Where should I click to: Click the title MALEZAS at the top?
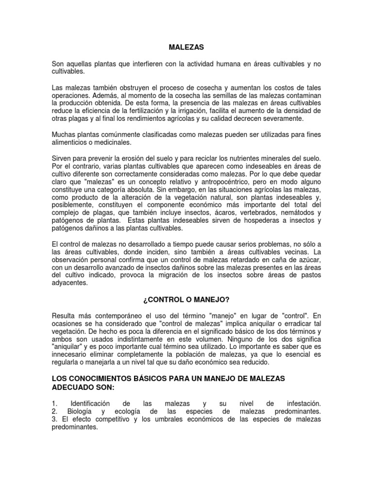[x=186, y=48]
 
